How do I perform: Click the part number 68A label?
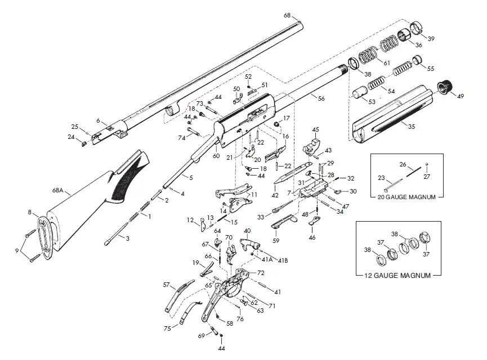pyautogui.click(x=58, y=190)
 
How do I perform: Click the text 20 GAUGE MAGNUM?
pyautogui.click(x=406, y=197)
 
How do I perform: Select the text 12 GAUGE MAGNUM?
pyautogui.click(x=397, y=275)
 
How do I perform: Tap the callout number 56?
pyautogui.click(x=321, y=98)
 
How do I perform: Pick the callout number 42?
pyautogui.click(x=275, y=195)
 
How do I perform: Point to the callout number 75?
pyautogui.click(x=167, y=328)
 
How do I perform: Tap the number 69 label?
pyautogui.click(x=201, y=335)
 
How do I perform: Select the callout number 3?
pyautogui.click(x=127, y=238)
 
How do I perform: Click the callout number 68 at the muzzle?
pyautogui.click(x=287, y=15)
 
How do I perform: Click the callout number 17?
pyautogui.click(x=287, y=118)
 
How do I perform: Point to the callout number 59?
pyautogui.click(x=276, y=240)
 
